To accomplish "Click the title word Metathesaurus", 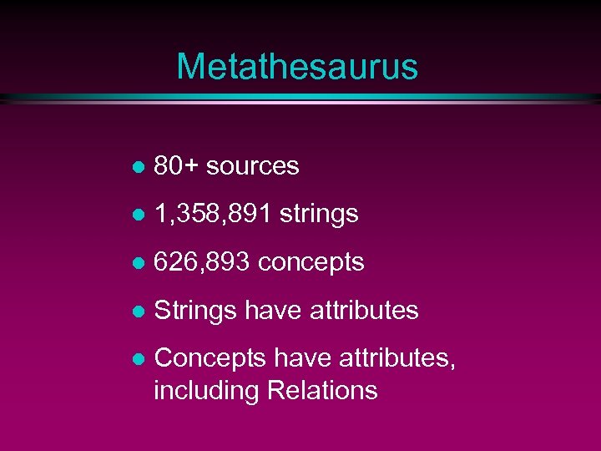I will point(297,66).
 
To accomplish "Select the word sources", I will point(252,166).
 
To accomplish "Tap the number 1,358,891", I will point(214,215).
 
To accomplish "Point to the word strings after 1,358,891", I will point(319,215).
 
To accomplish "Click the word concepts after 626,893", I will point(311,262).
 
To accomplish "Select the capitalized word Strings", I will point(196,311).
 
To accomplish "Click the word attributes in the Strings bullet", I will point(364,310).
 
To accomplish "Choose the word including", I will point(206,390).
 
